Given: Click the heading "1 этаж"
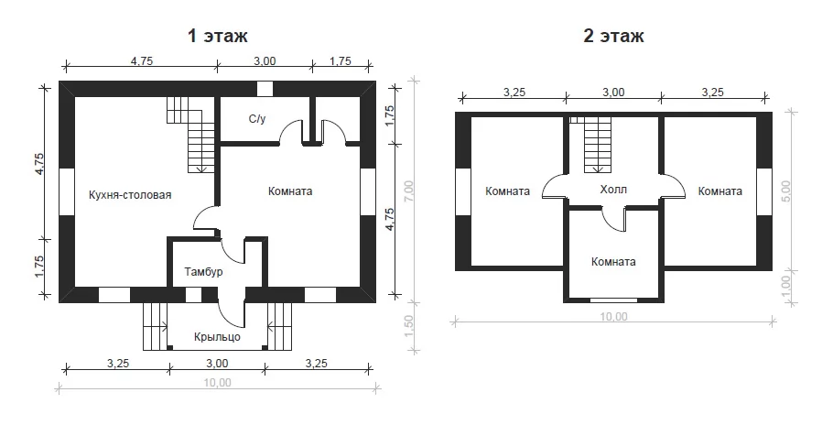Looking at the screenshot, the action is coord(217,36).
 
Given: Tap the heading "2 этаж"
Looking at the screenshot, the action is coord(613,36).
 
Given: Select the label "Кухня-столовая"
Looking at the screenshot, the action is coord(130,195).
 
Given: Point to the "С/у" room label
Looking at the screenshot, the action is coord(257,119).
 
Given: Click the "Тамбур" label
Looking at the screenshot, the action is coord(203,272).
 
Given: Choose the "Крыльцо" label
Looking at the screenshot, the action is coord(217,337).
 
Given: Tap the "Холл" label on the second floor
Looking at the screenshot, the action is coord(613,189).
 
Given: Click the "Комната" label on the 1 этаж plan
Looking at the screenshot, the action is coord(290,191).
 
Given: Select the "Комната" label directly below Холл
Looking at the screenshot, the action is coord(613,261).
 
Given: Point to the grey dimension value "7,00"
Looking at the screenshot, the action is coord(408,191).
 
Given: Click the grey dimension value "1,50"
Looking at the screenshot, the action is coord(408,326).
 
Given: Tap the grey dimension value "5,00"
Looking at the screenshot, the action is coord(787,191).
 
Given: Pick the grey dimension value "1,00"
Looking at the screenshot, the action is coord(787,286).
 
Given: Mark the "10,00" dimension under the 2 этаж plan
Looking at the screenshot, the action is coord(613,317).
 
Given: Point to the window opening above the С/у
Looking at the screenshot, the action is coord(265,88).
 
